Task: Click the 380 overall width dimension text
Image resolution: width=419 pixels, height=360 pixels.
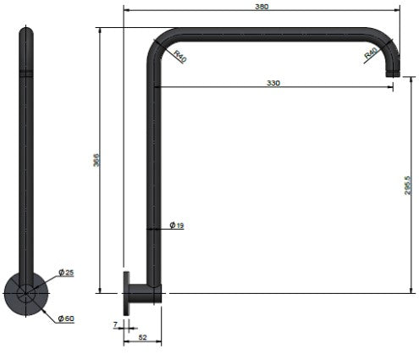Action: coord(262,7)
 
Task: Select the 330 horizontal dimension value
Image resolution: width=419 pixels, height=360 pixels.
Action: coord(273,83)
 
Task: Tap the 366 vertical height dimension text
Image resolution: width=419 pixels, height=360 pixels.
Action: coord(96,160)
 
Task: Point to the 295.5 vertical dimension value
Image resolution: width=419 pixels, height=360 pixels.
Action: coord(408,186)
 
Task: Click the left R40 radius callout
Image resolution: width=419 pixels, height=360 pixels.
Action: coord(180,56)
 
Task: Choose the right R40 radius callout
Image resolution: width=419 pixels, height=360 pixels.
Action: coord(371,53)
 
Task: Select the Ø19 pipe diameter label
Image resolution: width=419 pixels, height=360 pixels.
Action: coord(177,225)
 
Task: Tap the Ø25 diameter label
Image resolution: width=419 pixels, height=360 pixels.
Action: coord(66,273)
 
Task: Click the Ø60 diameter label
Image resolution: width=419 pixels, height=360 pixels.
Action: coord(66,318)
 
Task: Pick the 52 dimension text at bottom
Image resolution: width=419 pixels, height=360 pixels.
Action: coord(143,337)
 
